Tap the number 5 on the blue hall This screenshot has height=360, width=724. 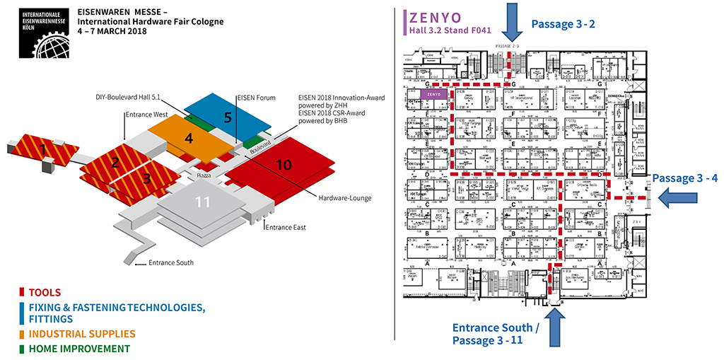coord(228,117)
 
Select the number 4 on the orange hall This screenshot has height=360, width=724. coord(188,138)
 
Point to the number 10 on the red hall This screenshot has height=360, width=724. coord(284,165)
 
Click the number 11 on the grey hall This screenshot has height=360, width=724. coord(203,202)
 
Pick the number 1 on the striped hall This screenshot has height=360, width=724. coord(44,149)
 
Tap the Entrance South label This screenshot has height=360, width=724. coord(170,263)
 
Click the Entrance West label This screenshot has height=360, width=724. coord(146,114)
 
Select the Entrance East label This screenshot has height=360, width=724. coord(286,226)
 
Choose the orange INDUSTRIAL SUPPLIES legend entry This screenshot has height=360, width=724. coord(78,334)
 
